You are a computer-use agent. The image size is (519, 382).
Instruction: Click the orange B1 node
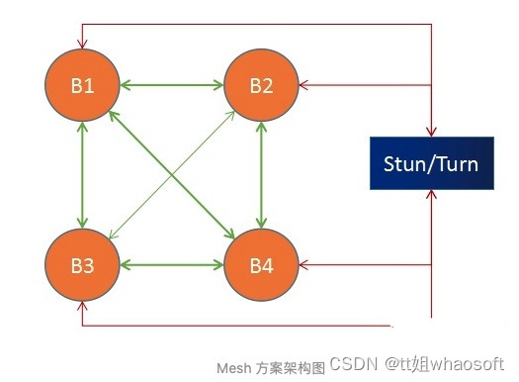[82, 84]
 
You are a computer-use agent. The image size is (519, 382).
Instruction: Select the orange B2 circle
[261, 84]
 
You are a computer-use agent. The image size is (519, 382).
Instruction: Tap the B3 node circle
[82, 265]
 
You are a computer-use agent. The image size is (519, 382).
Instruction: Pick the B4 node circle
[261, 265]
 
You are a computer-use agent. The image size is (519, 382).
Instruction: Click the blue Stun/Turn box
[431, 162]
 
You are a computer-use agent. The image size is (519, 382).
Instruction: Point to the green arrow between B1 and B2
[172, 85]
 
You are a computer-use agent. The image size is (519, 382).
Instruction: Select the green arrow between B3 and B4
[172, 265]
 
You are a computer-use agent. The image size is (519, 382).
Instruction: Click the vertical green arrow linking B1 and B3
[83, 175]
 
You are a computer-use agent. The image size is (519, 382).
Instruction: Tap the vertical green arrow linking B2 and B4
[261, 175]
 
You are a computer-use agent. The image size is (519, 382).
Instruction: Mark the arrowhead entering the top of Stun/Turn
[431, 130]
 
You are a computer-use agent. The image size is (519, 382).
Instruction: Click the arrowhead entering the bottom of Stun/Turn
[431, 195]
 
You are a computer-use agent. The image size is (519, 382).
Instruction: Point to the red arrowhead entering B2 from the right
[304, 85]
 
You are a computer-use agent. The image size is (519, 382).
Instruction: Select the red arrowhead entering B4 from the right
[304, 265]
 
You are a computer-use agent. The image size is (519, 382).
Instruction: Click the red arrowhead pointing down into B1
[83, 43]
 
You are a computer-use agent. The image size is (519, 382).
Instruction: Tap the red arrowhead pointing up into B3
[83, 308]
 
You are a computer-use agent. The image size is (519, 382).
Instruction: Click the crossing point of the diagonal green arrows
[172, 175]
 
